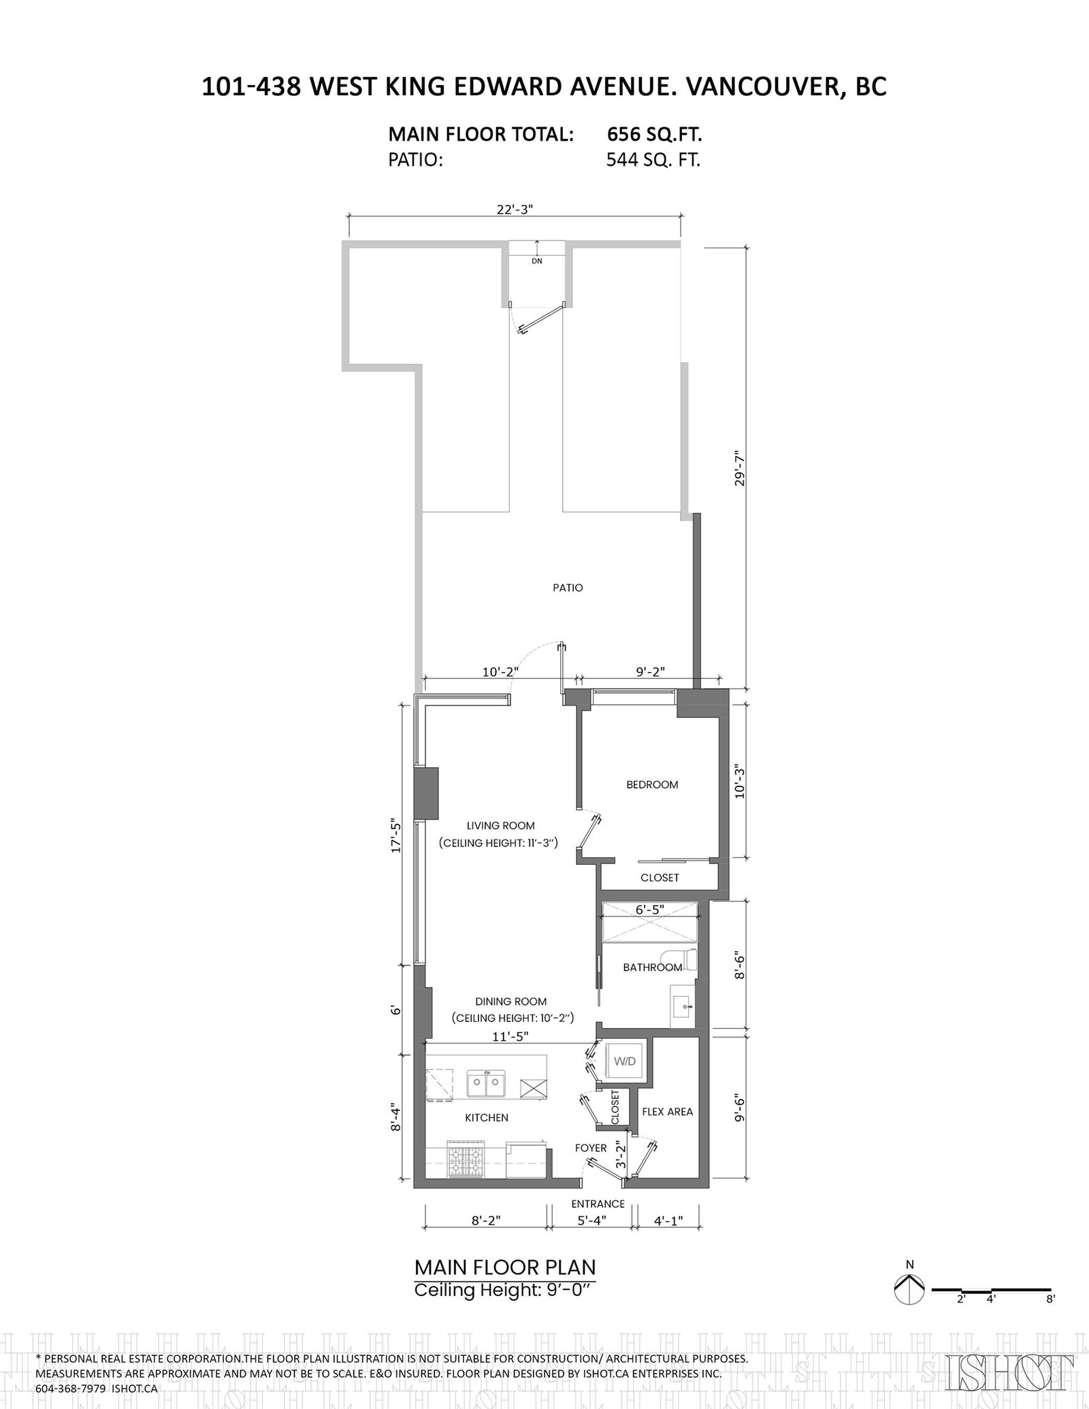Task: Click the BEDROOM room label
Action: point(652,784)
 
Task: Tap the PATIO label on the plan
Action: point(568,587)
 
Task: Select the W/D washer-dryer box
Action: point(624,1061)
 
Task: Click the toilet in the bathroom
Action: point(687,960)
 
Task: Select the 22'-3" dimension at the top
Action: point(515,210)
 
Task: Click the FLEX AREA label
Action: point(667,1112)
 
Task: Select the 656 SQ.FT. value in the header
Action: point(654,135)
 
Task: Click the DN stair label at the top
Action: point(537,261)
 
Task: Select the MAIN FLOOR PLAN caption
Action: point(505,1267)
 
